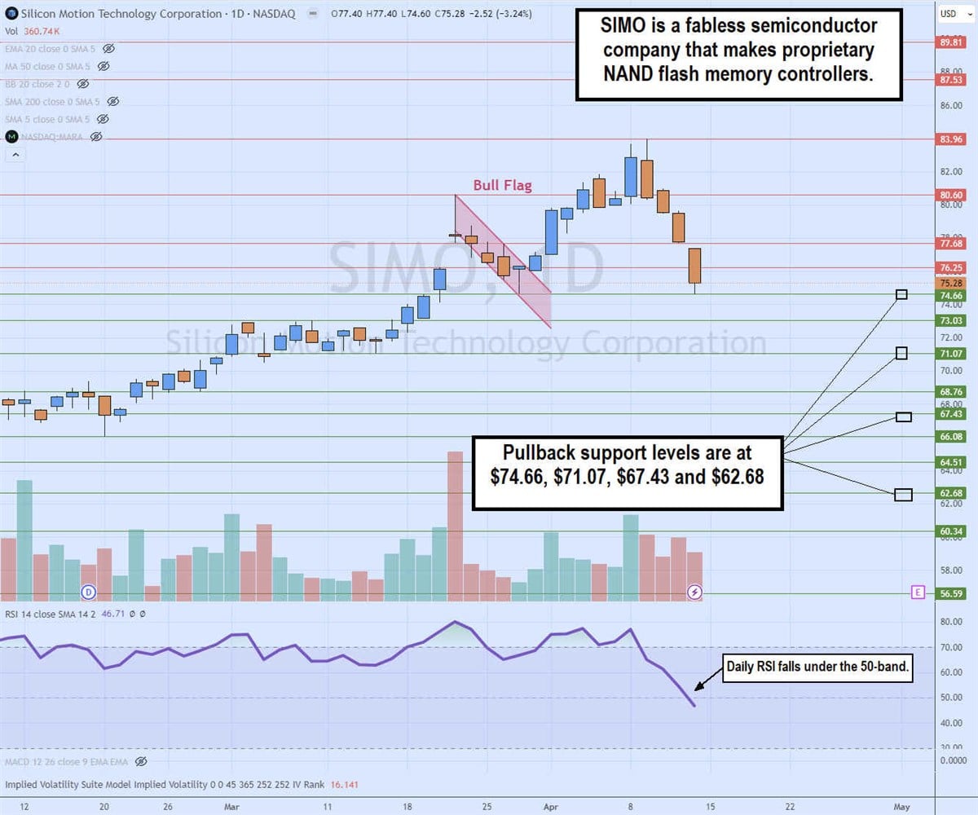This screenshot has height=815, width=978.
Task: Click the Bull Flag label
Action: (503, 186)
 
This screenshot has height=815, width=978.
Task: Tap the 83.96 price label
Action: (951, 139)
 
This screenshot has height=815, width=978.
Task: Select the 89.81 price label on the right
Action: (951, 42)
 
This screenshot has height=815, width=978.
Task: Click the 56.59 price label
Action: (951, 594)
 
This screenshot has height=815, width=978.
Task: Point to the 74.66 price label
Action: (951, 296)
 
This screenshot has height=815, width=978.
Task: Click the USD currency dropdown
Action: (952, 14)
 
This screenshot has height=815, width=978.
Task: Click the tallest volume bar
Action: (455, 526)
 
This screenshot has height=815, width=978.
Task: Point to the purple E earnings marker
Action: (919, 593)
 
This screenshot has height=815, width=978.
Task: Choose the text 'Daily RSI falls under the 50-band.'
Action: (818, 672)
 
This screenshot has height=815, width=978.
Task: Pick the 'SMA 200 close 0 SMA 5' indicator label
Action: (54, 102)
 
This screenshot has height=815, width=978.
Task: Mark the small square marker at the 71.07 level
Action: (901, 353)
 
